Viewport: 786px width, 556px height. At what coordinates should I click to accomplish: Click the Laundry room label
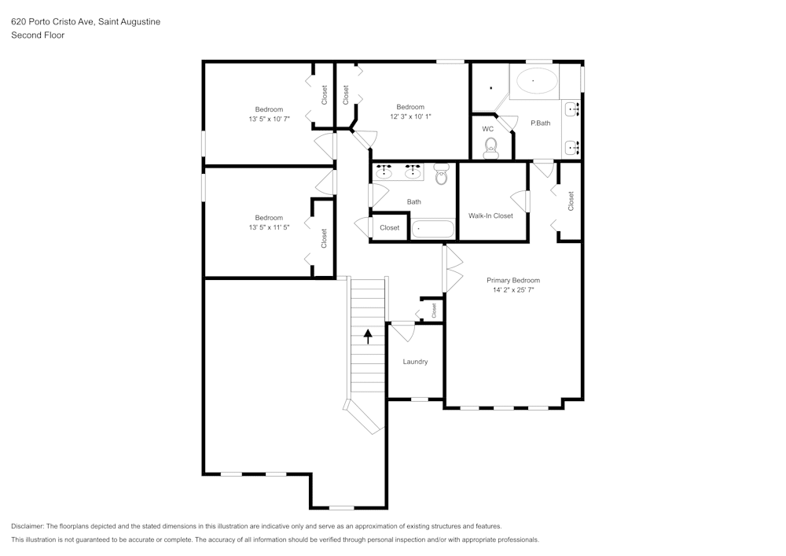(x=415, y=362)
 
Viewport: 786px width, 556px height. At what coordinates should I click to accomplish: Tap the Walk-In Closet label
(x=490, y=215)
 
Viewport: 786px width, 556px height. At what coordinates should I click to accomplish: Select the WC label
(x=488, y=129)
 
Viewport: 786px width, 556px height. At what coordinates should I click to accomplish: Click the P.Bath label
(x=541, y=123)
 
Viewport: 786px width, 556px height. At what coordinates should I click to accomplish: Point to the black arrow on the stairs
(x=369, y=337)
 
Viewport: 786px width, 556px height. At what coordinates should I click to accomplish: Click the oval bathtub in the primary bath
(x=537, y=80)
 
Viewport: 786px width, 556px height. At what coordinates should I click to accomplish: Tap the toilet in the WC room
(x=490, y=148)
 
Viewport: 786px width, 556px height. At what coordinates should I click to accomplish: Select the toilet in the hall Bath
(x=441, y=174)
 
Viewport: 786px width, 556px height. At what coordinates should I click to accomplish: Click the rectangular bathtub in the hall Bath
(x=432, y=230)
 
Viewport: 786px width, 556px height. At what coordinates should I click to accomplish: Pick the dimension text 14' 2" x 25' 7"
(x=513, y=289)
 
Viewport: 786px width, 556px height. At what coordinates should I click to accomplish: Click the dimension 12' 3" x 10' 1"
(x=410, y=116)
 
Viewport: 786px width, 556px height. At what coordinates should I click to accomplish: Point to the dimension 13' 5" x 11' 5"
(x=269, y=227)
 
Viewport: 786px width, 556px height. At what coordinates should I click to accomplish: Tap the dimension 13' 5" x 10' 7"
(x=269, y=119)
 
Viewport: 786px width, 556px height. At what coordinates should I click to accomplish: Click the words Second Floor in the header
(x=38, y=35)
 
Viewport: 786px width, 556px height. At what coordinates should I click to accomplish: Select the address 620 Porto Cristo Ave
(x=52, y=21)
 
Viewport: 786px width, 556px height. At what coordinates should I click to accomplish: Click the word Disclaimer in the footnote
(x=27, y=526)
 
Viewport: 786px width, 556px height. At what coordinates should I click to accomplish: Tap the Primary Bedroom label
(x=513, y=280)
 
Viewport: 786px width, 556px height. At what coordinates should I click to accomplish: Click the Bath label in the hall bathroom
(x=414, y=201)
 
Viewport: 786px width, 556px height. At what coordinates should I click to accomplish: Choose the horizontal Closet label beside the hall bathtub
(x=390, y=227)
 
